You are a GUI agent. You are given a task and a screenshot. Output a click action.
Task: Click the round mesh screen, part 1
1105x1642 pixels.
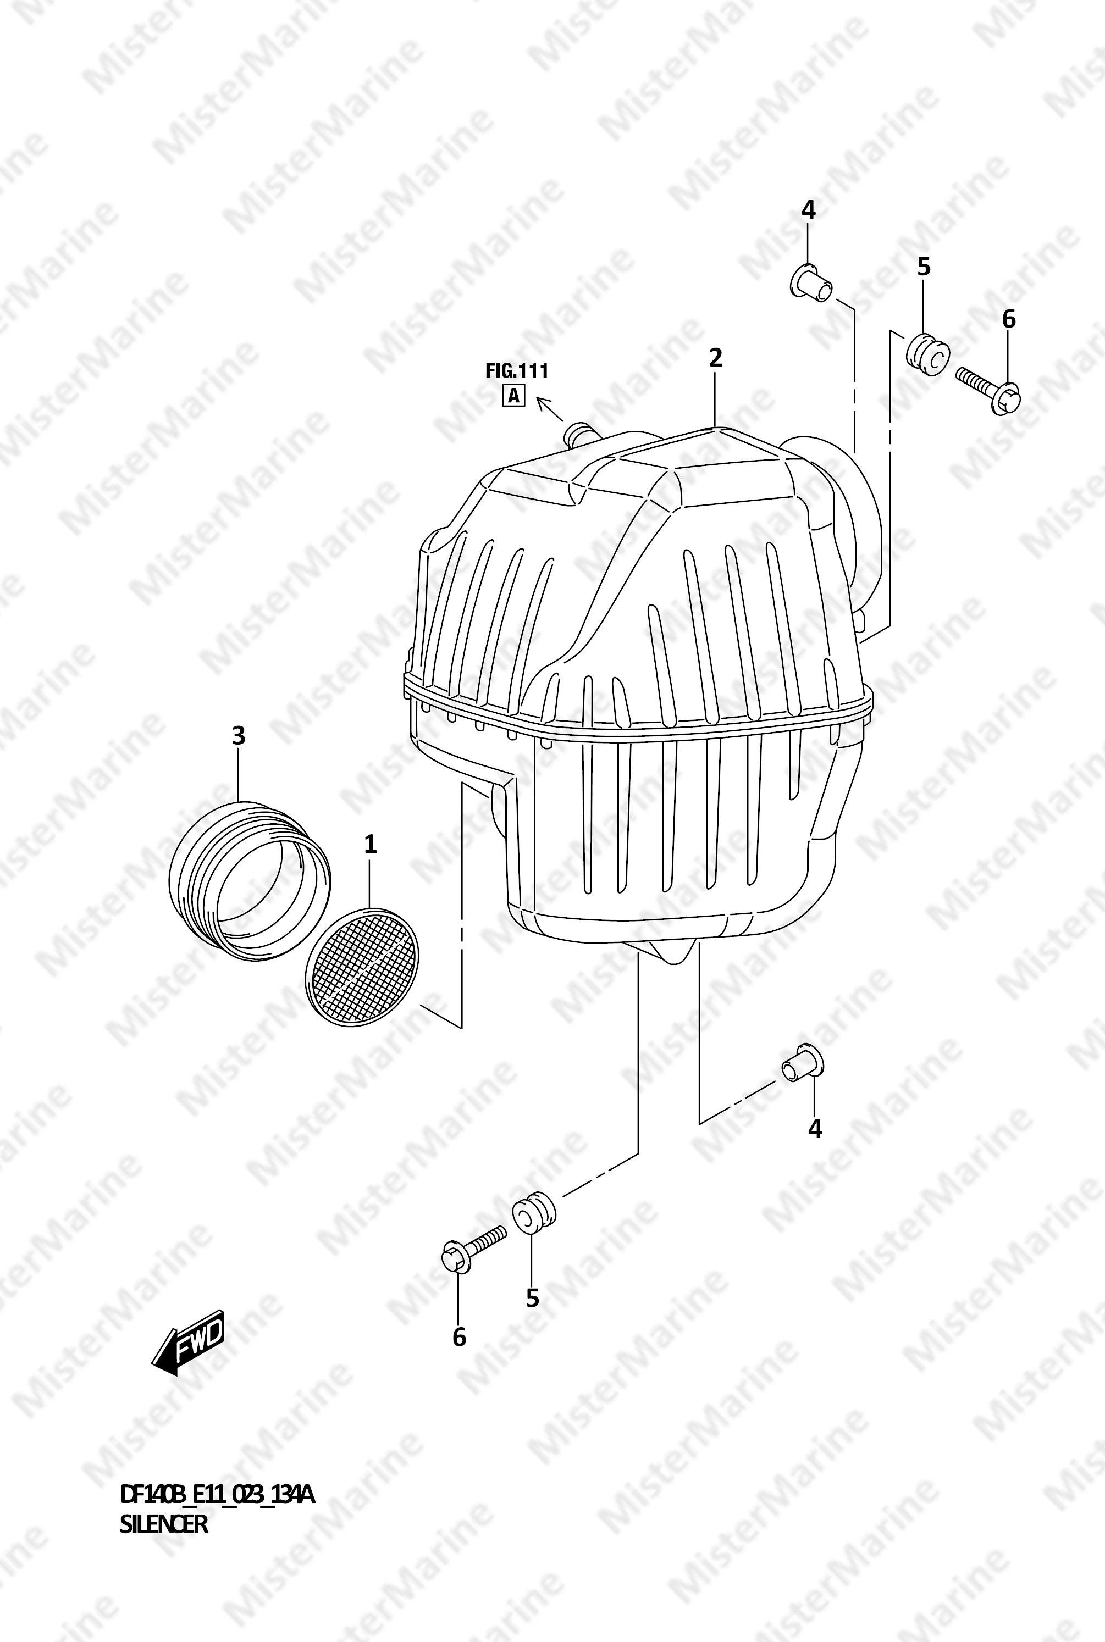(x=362, y=967)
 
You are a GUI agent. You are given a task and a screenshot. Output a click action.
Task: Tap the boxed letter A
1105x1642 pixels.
(x=513, y=397)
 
